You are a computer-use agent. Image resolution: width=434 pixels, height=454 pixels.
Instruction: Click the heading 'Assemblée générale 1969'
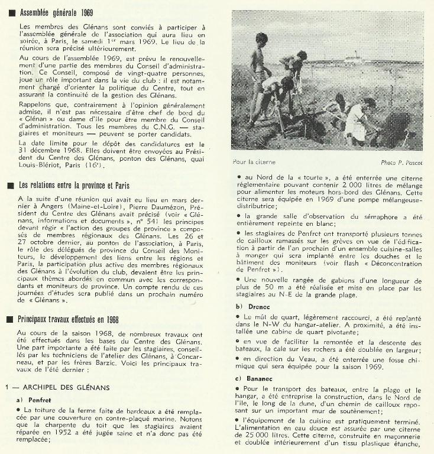tap(57, 12)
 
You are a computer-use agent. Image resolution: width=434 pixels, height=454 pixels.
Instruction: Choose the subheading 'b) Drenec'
tap(249, 306)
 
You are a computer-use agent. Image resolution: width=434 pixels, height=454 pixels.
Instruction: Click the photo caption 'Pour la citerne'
tap(254, 161)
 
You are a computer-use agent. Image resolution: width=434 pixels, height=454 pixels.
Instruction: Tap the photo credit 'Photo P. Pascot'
tap(403, 162)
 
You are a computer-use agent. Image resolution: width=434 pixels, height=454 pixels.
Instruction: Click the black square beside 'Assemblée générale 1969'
tap(12, 12)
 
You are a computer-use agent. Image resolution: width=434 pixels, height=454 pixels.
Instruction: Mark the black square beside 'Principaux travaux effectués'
tap(12, 320)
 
